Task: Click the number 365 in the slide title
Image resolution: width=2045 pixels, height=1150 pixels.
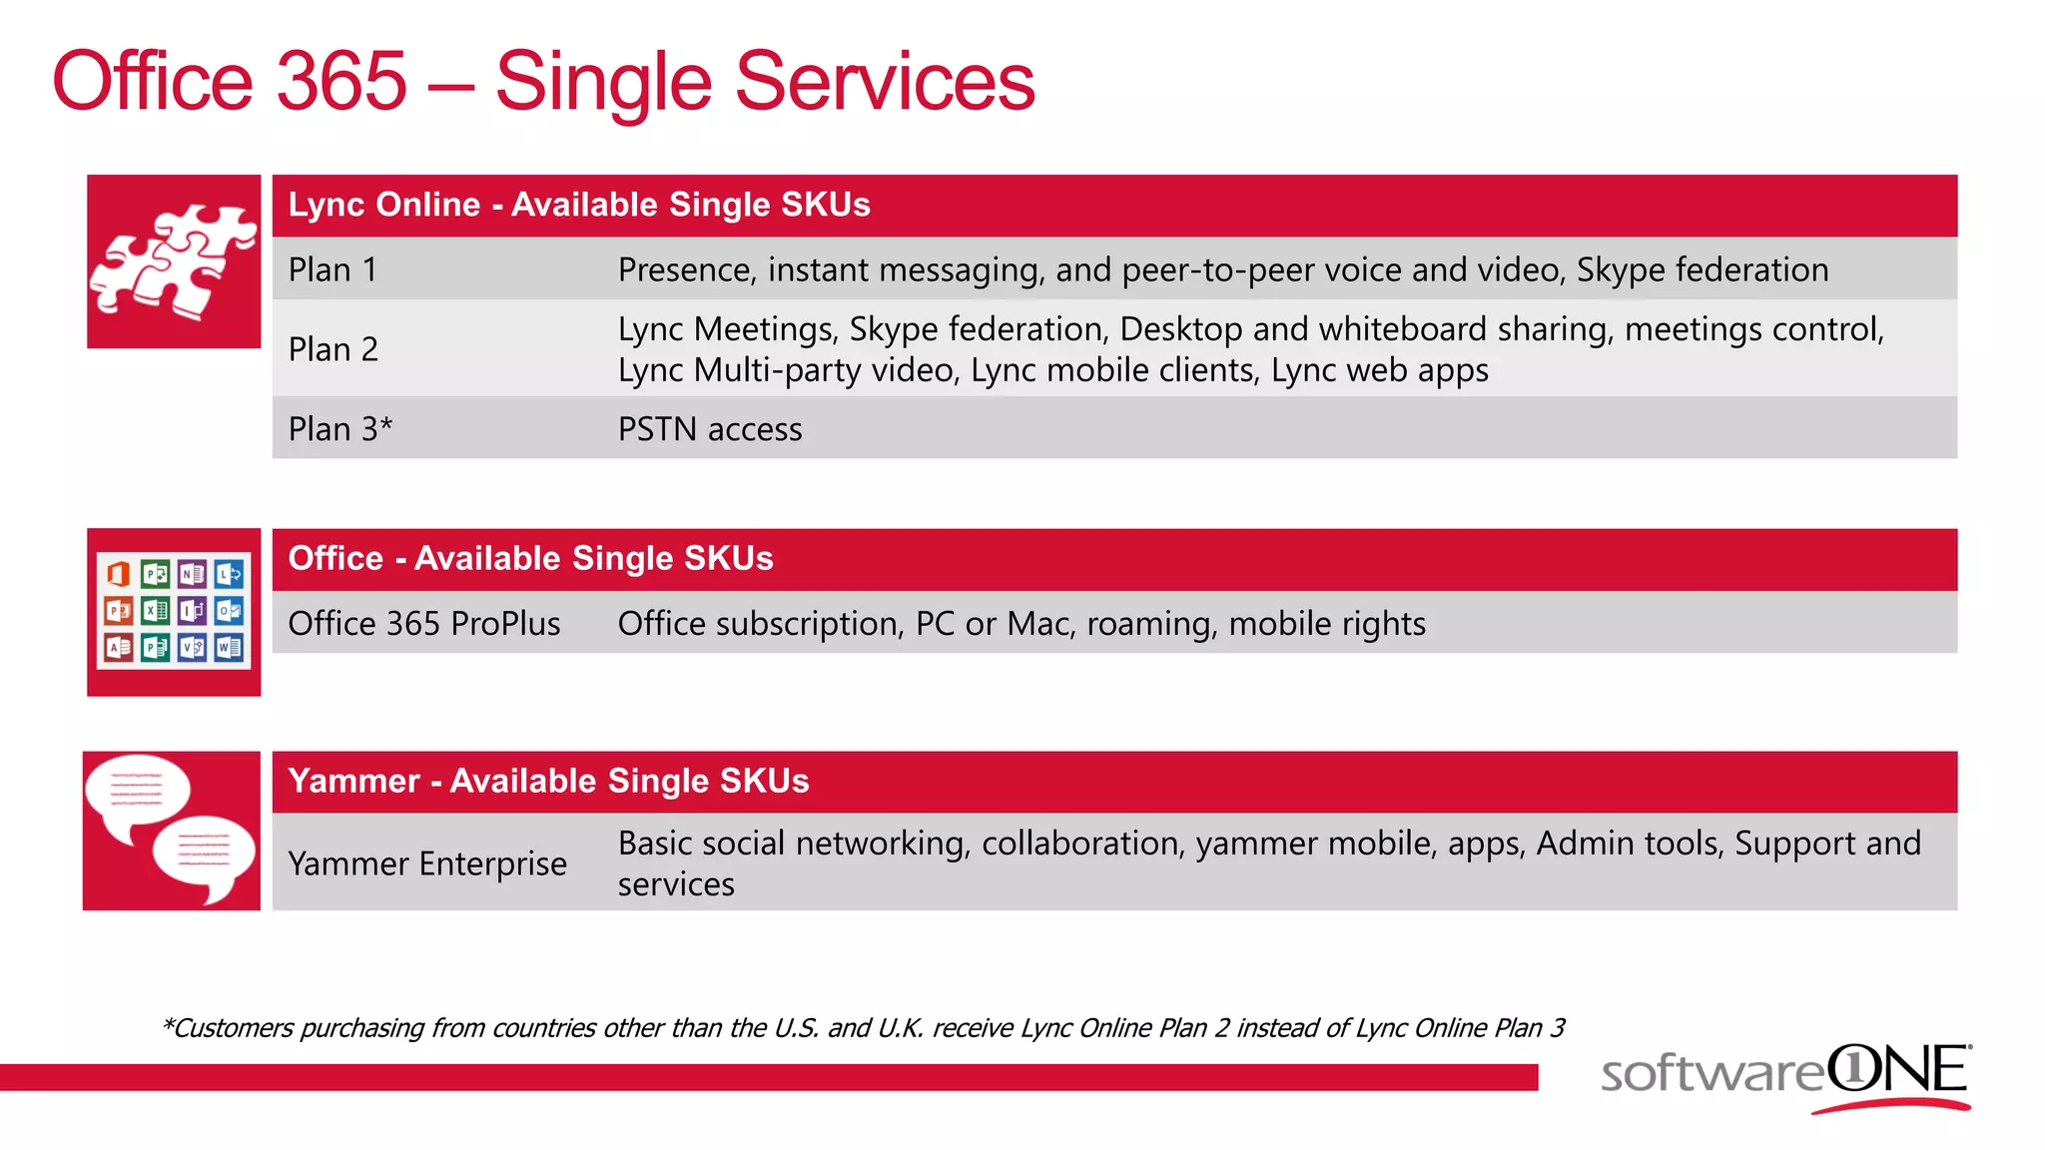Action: (x=341, y=82)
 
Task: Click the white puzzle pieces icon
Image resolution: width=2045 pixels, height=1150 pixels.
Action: (x=173, y=262)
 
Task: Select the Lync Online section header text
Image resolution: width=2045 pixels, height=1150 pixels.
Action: (x=578, y=205)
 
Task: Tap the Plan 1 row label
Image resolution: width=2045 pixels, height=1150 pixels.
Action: (x=333, y=270)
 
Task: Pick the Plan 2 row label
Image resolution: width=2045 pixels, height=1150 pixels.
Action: (x=333, y=349)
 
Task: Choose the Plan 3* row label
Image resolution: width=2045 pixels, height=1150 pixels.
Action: (x=340, y=429)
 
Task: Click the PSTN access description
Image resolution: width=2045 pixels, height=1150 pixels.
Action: (x=709, y=429)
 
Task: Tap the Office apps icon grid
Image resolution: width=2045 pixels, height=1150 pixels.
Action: (x=173, y=611)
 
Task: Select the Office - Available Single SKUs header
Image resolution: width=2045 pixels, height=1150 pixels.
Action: (x=530, y=558)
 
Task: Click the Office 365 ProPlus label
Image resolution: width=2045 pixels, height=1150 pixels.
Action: (x=423, y=624)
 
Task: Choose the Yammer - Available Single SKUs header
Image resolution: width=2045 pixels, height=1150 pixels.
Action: (x=548, y=781)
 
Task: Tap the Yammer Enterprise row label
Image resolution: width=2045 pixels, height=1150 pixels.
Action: (x=426, y=863)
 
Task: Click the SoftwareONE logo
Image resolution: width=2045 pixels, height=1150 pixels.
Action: (x=1785, y=1076)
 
